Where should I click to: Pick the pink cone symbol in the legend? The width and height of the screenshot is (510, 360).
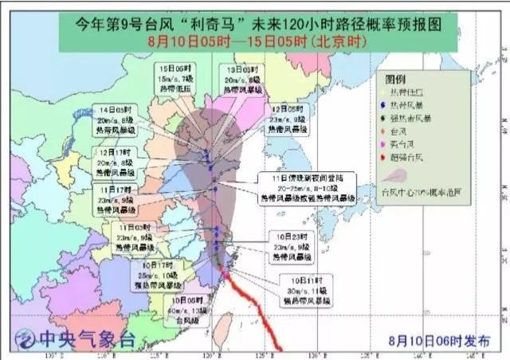(x=395, y=176)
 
